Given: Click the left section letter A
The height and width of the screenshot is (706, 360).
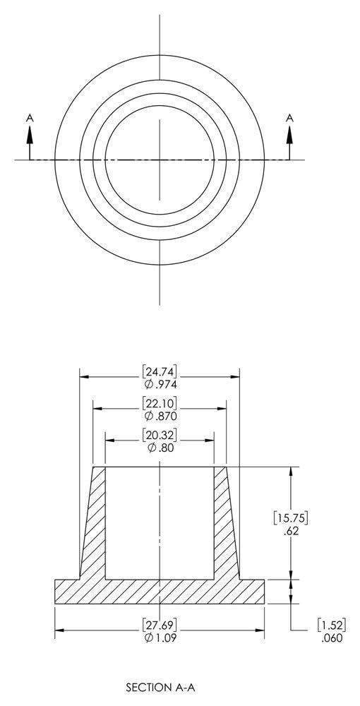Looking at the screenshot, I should coord(30,119).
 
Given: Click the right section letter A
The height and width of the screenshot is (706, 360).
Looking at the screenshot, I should coord(289,119).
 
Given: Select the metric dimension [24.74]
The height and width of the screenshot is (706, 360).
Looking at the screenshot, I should coord(160,371).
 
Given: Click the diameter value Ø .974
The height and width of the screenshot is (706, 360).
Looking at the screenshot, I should coord(160,384).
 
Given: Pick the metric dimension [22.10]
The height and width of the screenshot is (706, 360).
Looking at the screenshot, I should coord(160,403).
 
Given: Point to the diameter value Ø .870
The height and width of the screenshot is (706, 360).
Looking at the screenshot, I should coord(160,416).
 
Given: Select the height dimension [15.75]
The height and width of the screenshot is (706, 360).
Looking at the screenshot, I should coord(290,517).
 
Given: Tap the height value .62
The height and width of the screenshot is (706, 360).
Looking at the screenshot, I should coord(290,531).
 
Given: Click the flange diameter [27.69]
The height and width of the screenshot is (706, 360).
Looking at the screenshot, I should coord(160,625).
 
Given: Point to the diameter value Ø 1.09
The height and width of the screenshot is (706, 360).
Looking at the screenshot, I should coord(160,638).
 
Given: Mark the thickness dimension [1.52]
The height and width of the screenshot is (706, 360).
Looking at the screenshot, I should coord(330,625).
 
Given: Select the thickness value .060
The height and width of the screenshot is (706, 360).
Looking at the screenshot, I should coord(330,638).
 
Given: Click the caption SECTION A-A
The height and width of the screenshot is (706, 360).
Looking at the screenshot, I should coord(160,686).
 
